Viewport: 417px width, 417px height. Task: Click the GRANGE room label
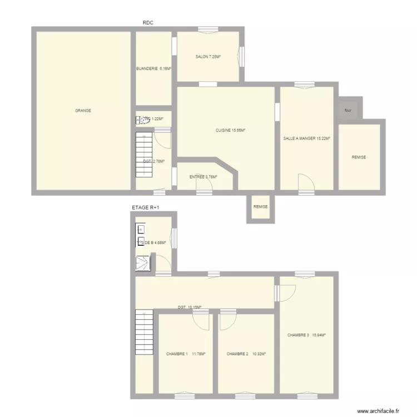(x=83, y=111)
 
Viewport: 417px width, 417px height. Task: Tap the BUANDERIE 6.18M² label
(x=153, y=69)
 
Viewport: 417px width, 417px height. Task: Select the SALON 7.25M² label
(x=209, y=57)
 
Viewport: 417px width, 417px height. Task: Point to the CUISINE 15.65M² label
(x=231, y=131)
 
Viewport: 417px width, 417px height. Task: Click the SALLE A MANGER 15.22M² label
(x=307, y=138)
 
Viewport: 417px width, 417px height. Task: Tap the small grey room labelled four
(x=348, y=110)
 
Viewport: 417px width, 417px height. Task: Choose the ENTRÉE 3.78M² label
(x=203, y=177)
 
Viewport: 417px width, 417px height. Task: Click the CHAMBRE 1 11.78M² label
(x=186, y=354)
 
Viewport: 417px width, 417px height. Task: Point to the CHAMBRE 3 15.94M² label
(x=306, y=335)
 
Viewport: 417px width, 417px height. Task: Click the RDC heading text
(x=147, y=23)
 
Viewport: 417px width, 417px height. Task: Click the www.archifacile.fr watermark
(x=378, y=411)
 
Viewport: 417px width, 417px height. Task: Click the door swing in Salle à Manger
(x=306, y=182)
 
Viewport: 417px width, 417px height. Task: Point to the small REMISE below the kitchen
(x=260, y=207)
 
